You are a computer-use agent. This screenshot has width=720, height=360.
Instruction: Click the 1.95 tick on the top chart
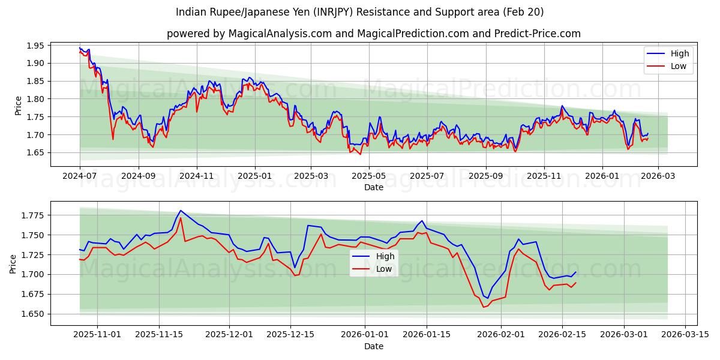click(35, 46)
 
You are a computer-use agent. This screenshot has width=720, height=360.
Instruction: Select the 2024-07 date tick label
click(80, 176)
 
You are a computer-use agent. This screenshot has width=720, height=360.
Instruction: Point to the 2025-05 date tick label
click(368, 176)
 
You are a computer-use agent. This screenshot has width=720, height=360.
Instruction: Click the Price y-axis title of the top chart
click(19, 105)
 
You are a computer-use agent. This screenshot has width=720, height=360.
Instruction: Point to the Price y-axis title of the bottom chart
click(13, 263)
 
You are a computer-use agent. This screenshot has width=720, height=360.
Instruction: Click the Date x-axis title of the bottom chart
click(373, 346)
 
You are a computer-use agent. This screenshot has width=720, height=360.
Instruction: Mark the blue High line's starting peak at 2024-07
click(80, 48)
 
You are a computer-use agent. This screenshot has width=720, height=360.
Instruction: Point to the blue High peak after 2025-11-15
click(181, 211)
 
